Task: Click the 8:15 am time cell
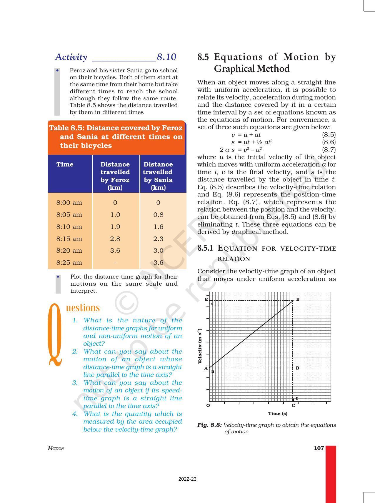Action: (69, 239)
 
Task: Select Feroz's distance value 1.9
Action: (115, 226)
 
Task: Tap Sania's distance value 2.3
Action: (158, 239)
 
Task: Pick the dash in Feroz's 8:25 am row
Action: (115, 262)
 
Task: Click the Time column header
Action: (65, 164)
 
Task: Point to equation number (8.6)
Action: (329, 142)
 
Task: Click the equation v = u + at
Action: (246, 135)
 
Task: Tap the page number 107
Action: (319, 448)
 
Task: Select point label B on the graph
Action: (298, 299)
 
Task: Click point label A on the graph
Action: (206, 369)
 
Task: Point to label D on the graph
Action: (297, 368)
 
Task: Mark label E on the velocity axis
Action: (206, 299)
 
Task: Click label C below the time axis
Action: (293, 406)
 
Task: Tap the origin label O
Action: (208, 406)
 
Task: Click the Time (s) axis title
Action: (278, 414)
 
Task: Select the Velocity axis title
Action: (200, 346)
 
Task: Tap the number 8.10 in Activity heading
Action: (166, 57)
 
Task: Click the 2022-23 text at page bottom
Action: (187, 479)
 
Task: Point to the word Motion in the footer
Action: (56, 448)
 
